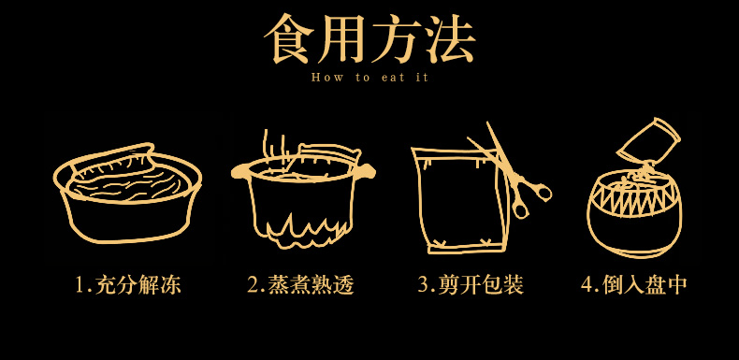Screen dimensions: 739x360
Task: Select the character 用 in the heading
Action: [x=342, y=38]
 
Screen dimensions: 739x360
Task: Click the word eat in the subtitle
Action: [x=393, y=79]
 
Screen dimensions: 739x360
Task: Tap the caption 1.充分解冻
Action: [x=128, y=285]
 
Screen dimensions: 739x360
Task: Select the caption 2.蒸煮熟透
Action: [x=300, y=285]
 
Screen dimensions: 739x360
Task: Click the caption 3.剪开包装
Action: [x=471, y=285]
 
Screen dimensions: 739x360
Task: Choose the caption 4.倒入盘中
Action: [x=634, y=285]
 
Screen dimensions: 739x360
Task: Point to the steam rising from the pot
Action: [x=274, y=145]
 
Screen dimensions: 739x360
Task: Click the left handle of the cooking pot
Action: [x=239, y=172]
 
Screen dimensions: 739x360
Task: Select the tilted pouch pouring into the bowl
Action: [x=648, y=141]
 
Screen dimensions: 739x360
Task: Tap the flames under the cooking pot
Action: [x=301, y=230]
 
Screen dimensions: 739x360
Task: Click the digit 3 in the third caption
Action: [x=423, y=285]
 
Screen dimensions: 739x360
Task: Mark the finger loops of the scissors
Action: [x=529, y=200]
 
